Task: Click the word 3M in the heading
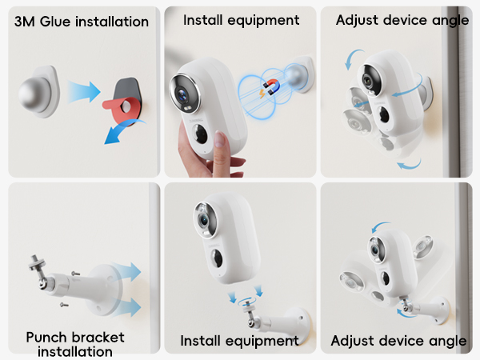tap(27, 22)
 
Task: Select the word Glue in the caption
tap(59, 22)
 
